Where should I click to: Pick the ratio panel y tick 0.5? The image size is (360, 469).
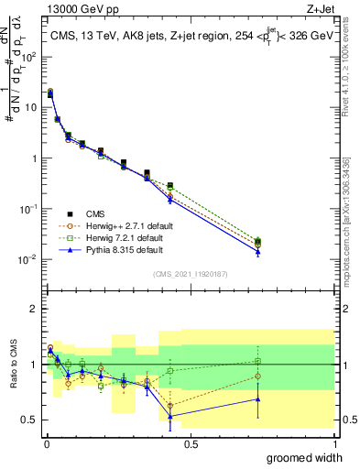coord(30,420)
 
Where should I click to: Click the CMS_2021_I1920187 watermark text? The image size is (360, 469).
coord(190,274)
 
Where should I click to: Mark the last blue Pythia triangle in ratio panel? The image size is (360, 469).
coord(258,399)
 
